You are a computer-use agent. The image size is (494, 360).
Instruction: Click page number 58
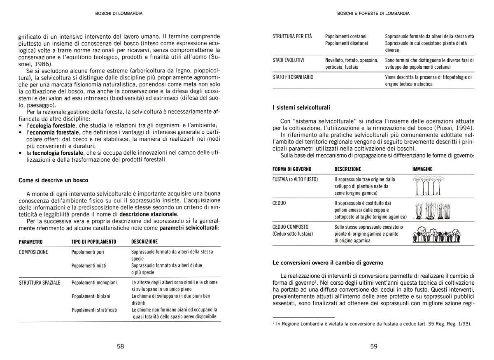coord(121,346)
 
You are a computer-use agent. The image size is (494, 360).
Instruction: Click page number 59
coord(374,346)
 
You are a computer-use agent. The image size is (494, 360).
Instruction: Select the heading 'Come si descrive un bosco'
coord(54,180)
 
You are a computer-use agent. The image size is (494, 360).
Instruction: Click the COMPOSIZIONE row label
coord(34,252)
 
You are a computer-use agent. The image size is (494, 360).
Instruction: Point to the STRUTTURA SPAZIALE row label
coord(40,283)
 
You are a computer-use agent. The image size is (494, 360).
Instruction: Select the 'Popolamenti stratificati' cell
coord(95,309)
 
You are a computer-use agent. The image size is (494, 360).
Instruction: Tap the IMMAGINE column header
coord(422,169)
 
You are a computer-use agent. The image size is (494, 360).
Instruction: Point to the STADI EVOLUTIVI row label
coord(289,60)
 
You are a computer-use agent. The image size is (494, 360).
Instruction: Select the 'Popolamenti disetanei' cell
coord(346,43)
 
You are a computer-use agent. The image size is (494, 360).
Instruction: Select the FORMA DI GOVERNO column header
coord(292,169)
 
